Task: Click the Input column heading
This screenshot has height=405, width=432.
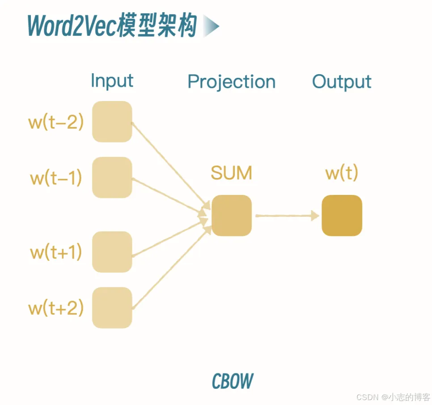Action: (112, 81)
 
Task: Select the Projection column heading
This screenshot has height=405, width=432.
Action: (231, 82)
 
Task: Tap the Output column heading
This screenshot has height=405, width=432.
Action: (342, 82)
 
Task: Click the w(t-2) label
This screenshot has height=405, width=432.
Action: (56, 122)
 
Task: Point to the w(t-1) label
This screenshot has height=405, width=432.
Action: (56, 178)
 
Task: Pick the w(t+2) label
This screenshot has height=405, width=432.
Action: (56, 308)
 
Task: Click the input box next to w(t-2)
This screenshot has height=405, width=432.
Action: (112, 122)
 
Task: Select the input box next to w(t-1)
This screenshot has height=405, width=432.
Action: (112, 177)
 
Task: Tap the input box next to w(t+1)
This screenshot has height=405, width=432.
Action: (112, 252)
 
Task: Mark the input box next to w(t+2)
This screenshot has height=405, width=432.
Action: (112, 308)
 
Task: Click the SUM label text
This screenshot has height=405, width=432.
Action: (231, 173)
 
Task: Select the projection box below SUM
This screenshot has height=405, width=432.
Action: (232, 215)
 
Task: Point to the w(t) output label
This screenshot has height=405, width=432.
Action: (342, 173)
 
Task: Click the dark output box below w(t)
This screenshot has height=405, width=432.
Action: (342, 215)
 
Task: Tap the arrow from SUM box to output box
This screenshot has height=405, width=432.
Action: (287, 215)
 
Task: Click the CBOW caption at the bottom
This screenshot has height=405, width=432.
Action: (232, 381)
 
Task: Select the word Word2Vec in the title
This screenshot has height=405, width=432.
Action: (72, 26)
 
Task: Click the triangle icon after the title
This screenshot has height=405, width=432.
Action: (211, 27)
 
